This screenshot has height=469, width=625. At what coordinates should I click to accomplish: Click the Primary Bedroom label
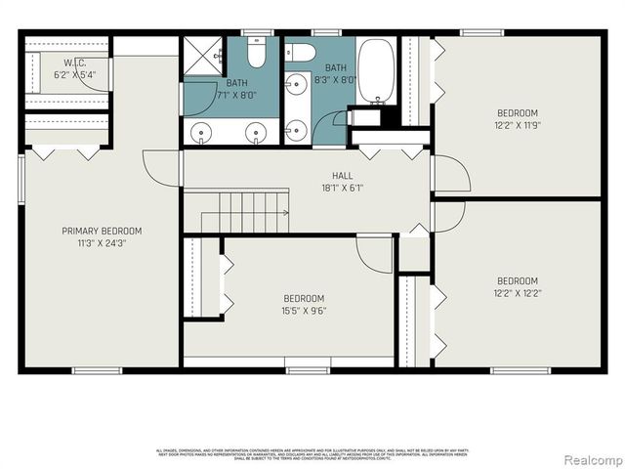pos(102,232)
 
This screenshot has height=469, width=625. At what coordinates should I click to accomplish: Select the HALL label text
pos(342,176)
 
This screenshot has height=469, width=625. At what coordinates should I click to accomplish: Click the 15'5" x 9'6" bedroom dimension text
pos(304,311)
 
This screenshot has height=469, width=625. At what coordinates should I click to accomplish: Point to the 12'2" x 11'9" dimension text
pos(516,124)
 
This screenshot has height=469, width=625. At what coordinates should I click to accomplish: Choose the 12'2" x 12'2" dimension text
pos(516,293)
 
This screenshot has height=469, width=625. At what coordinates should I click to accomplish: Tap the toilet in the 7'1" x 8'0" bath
pos(257,51)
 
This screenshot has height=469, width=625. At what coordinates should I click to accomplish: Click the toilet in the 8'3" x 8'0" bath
pos(300,53)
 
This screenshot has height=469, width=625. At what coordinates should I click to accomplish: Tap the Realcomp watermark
pos(589,458)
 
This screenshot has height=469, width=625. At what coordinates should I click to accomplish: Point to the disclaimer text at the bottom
pos(312,453)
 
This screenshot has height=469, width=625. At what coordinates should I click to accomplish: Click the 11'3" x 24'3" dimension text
pos(102,243)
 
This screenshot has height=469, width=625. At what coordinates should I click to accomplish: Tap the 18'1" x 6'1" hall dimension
pos(342,188)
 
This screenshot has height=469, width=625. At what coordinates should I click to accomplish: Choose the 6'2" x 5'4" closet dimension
pos(74,73)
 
